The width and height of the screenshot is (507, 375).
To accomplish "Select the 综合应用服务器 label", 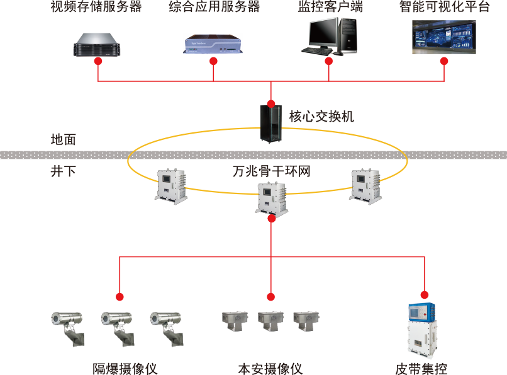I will click(x=214, y=8).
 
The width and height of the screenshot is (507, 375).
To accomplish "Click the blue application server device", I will click(x=213, y=43).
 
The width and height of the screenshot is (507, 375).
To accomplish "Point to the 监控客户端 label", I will click(x=330, y=8).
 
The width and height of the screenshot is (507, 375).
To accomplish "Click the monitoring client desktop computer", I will click(x=329, y=37).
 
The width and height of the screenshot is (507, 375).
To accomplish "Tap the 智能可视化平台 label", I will click(x=444, y=8).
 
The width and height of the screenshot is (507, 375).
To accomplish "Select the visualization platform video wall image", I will click(x=443, y=37).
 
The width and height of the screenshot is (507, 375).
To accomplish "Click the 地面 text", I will click(x=63, y=140).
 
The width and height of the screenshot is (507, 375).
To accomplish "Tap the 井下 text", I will click(x=63, y=171).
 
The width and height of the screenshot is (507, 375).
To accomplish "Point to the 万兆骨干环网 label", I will click(x=271, y=171).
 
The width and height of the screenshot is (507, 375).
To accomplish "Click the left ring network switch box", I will click(x=171, y=185).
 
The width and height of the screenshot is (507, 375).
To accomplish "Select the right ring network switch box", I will click(x=365, y=185).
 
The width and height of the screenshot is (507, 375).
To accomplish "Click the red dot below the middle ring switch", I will click(x=271, y=219).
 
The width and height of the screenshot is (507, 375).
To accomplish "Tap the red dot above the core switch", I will click(x=271, y=103).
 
